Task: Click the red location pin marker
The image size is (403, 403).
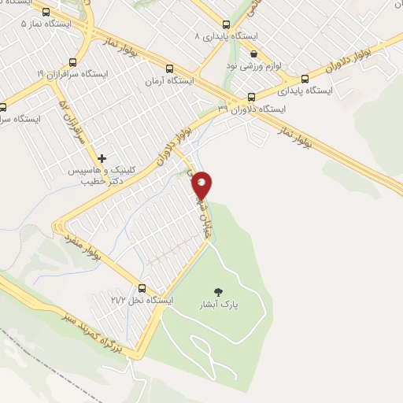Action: [203, 184]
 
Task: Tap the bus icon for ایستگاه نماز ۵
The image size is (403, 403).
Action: [45, 12]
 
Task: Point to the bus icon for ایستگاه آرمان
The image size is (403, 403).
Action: [169, 68]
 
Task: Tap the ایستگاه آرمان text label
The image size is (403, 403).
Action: [169, 80]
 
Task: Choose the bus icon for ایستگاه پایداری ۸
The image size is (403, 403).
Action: [227, 25]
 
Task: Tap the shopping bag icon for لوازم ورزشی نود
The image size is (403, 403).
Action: [253, 54]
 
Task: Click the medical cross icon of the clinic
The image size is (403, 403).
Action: [102, 158]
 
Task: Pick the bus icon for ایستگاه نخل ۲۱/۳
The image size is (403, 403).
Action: [142, 288]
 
